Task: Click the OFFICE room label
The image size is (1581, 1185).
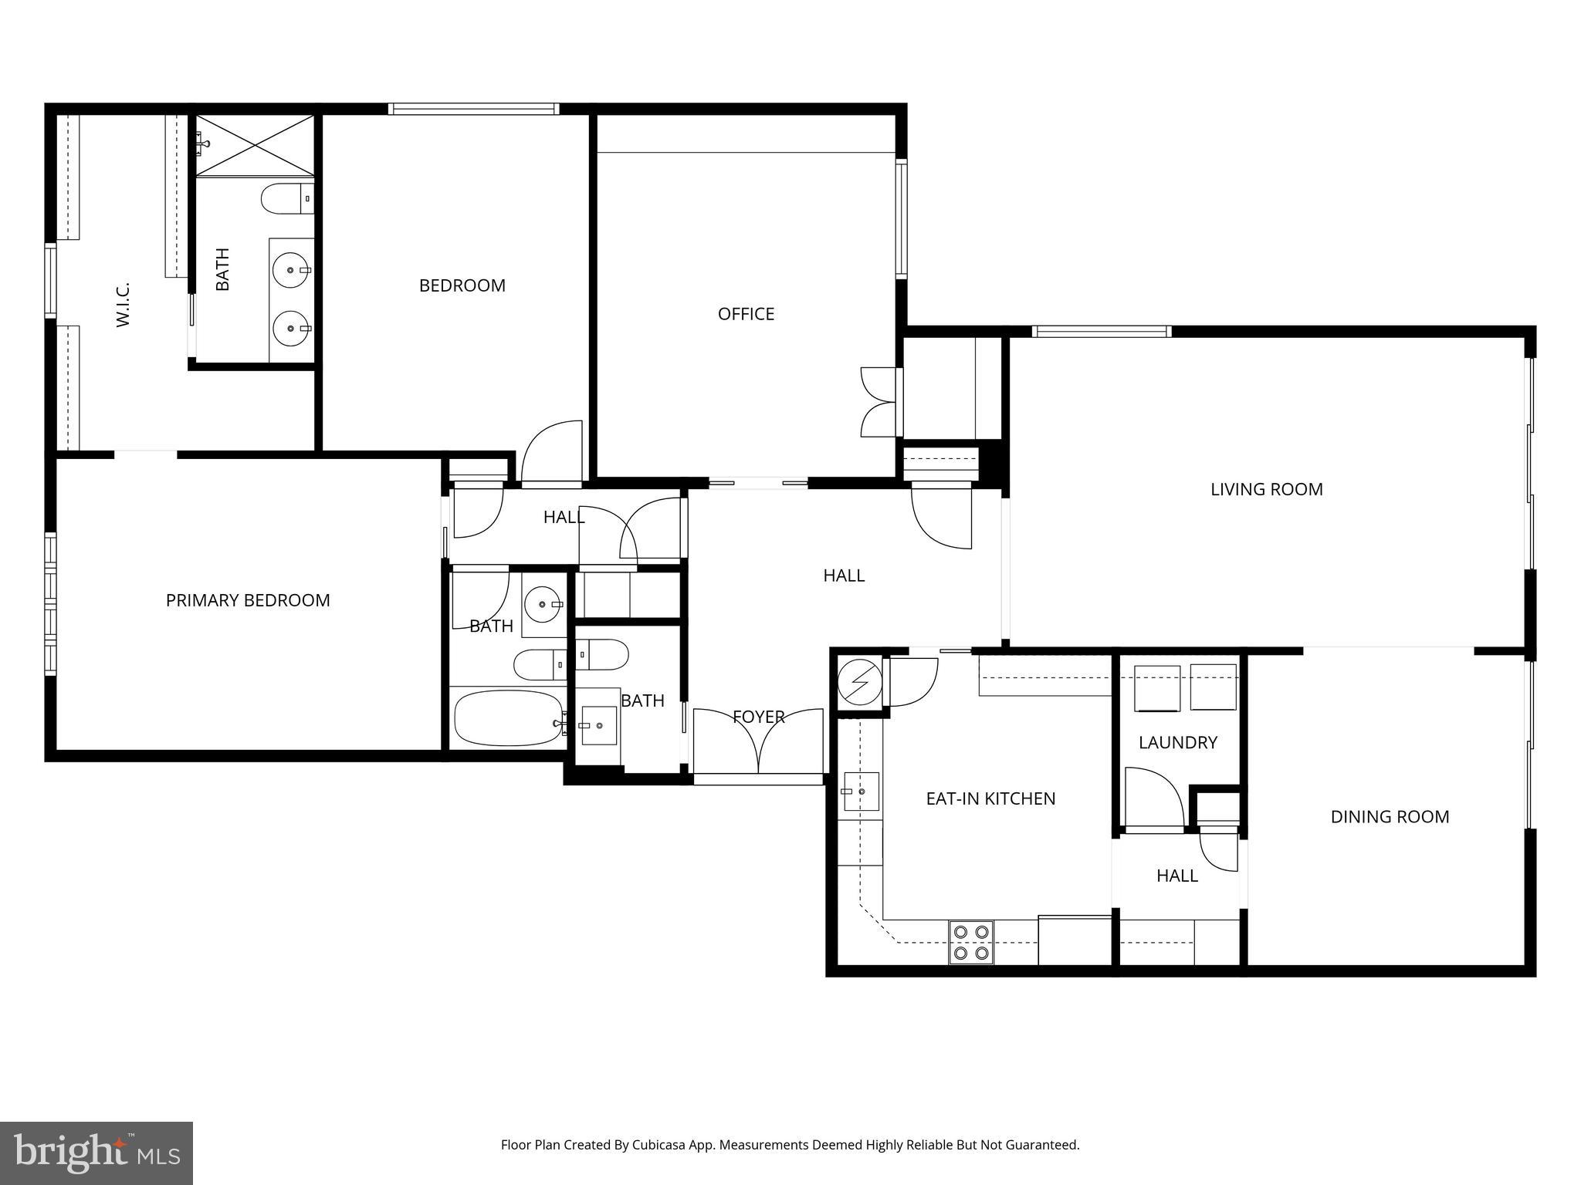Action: click(x=746, y=314)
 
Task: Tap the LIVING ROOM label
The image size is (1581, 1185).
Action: click(x=1266, y=489)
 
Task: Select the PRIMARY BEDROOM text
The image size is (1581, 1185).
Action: click(x=248, y=600)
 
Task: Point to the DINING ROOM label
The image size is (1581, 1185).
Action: click(x=1390, y=816)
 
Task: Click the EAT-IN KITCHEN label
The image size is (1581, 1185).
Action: click(x=990, y=798)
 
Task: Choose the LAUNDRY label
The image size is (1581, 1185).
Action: click(x=1177, y=742)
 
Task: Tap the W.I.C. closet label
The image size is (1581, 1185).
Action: click(x=124, y=304)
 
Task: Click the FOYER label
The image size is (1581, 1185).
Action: click(x=758, y=717)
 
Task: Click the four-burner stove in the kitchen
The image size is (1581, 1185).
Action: click(x=971, y=942)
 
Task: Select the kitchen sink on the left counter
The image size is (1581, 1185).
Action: click(x=860, y=792)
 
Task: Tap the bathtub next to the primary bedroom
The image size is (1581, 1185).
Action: click(x=508, y=717)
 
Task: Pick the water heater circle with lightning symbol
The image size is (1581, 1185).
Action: click(x=858, y=682)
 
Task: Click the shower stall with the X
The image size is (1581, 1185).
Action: click(x=255, y=145)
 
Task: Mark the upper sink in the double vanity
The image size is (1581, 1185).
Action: click(x=291, y=269)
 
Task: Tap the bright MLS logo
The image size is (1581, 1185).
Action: click(x=96, y=1153)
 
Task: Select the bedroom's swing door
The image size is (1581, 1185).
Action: click(x=551, y=454)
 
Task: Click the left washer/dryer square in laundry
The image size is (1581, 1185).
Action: click(x=1156, y=687)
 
